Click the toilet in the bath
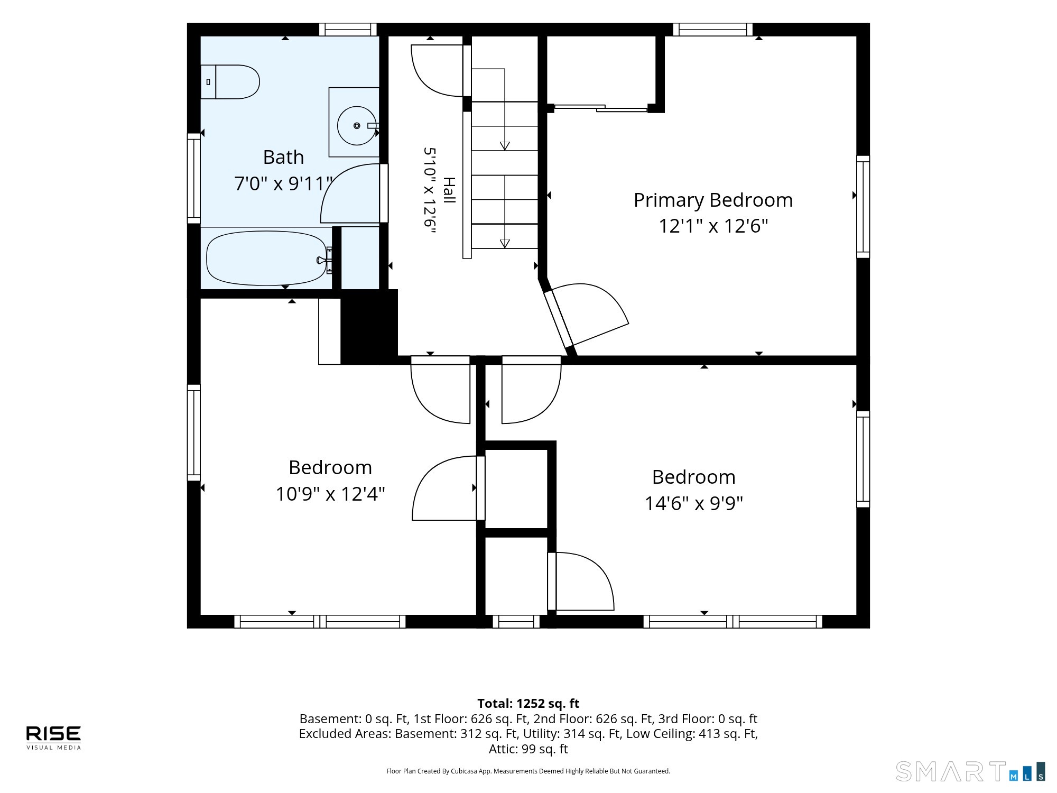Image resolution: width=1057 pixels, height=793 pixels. (x=230, y=82)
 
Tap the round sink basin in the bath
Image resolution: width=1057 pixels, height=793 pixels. (x=357, y=125)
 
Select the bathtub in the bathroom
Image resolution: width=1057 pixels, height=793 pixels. (x=266, y=259)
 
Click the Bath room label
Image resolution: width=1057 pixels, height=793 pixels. (x=283, y=158)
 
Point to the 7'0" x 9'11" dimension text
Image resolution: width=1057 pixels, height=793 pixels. (x=283, y=183)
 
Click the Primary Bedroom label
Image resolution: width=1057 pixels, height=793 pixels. (x=713, y=200)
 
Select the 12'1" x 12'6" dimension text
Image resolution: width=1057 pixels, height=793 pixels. (x=713, y=226)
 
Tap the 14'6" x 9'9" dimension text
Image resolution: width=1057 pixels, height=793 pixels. (x=693, y=503)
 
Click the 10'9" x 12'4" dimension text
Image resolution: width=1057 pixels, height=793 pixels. (x=330, y=494)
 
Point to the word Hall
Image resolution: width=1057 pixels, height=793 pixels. (x=449, y=190)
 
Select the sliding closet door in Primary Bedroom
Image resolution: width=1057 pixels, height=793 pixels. (x=601, y=108)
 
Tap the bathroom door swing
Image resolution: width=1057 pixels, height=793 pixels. (x=351, y=193)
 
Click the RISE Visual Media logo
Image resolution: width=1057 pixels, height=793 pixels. (x=54, y=737)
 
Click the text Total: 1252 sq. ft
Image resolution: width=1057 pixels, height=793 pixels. (x=528, y=704)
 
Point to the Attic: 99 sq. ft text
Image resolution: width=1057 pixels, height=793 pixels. (x=528, y=749)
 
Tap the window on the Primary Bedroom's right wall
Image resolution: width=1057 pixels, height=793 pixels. (x=863, y=207)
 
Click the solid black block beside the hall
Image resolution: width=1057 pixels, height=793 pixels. (x=369, y=327)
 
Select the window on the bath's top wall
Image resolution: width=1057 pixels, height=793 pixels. (x=348, y=30)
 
